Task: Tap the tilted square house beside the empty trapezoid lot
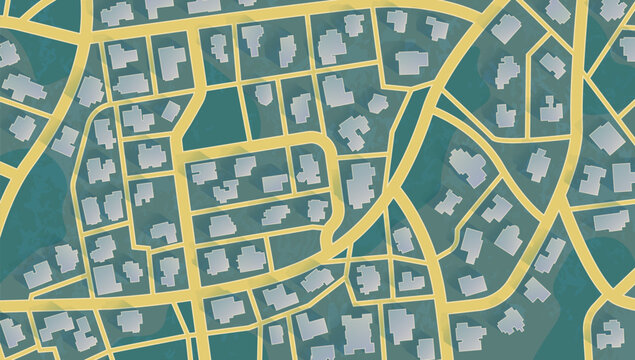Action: pos(263,94)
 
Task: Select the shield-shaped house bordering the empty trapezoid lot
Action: pos(300,106)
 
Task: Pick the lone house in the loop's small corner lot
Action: pos(318,211)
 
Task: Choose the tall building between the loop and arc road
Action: pos(361,183)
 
